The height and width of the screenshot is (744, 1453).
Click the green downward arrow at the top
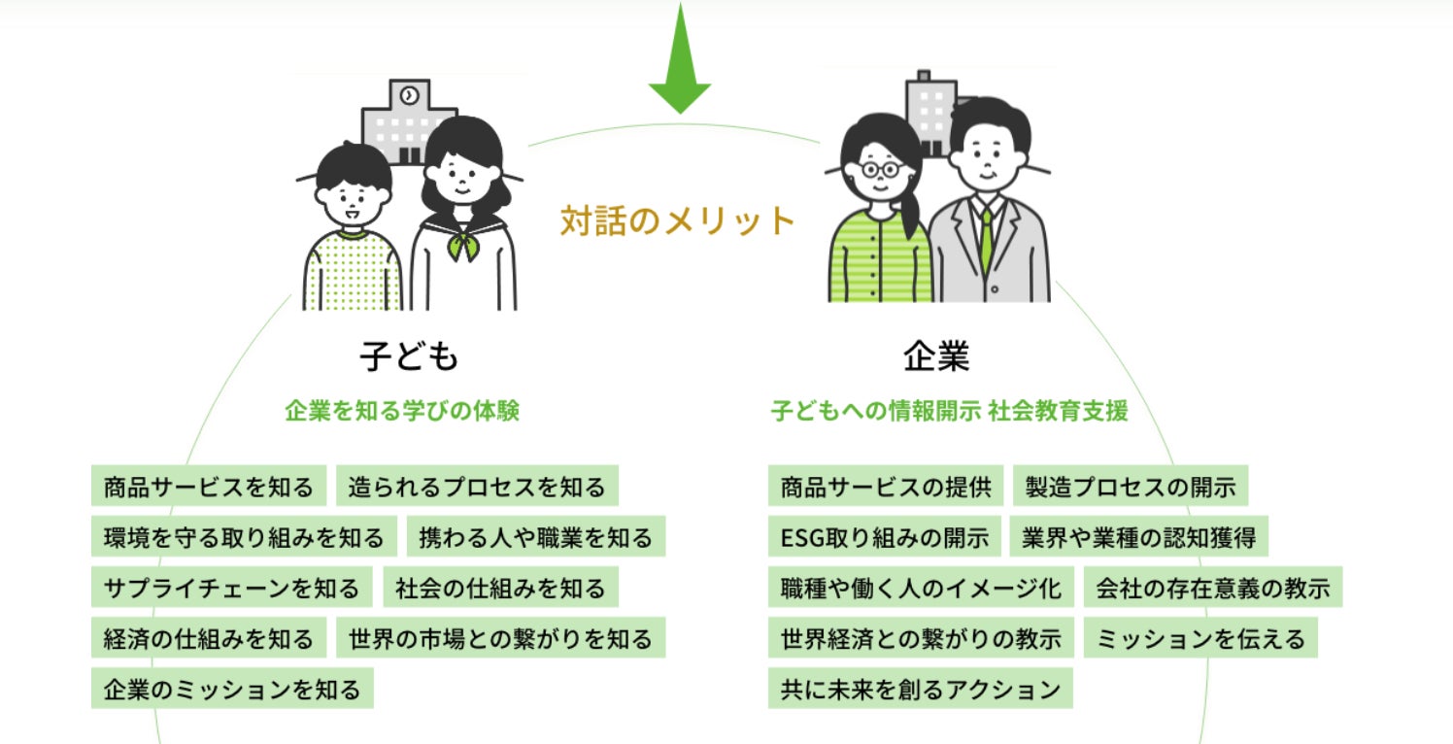pos(680,64)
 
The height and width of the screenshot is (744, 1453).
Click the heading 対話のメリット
pos(678,221)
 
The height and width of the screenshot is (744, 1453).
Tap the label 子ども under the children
pos(409,357)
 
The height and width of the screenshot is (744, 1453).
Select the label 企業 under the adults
pos(936,357)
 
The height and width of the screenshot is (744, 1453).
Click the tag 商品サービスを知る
pos(209,487)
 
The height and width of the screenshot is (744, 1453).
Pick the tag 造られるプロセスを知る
pos(477,487)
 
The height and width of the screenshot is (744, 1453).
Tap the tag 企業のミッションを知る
pos(232,689)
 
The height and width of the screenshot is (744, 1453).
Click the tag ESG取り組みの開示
pos(884,537)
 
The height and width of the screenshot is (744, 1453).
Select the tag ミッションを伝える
pos(1200,638)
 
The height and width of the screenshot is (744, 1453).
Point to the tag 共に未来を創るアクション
pos(920,689)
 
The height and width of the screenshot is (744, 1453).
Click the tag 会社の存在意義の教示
pos(1212,588)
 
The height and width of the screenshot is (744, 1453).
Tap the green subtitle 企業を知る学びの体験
pos(402,411)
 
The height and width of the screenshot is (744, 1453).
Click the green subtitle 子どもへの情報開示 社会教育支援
pos(950,411)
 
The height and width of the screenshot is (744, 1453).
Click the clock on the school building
pos(409,95)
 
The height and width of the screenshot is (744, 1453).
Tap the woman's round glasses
pos(880,169)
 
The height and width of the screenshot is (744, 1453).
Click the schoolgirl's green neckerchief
pos(462,245)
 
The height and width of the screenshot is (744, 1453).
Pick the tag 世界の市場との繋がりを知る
pos(501,638)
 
